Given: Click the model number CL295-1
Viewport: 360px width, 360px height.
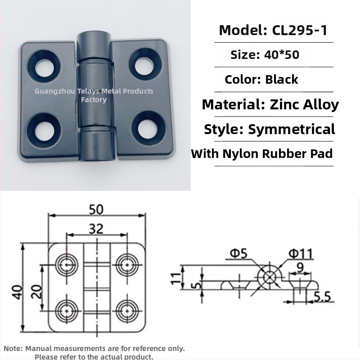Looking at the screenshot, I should coord(300,30).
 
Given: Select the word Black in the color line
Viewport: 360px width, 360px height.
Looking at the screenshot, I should coord(282,80).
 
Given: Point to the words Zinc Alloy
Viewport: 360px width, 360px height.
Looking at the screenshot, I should coord(304,105).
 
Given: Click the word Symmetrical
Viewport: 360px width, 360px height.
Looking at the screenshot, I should coord(292,130).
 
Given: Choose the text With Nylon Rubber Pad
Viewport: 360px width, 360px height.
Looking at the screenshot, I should coord(262,154).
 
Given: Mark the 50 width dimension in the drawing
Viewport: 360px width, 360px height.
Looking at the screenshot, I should coord(96,210).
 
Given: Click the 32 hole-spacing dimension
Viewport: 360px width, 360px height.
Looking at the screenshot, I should coord(96,229).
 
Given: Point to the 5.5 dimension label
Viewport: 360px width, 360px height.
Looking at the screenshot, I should coord(323,297).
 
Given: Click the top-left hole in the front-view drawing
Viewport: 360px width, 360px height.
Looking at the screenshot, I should coord(67,263).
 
